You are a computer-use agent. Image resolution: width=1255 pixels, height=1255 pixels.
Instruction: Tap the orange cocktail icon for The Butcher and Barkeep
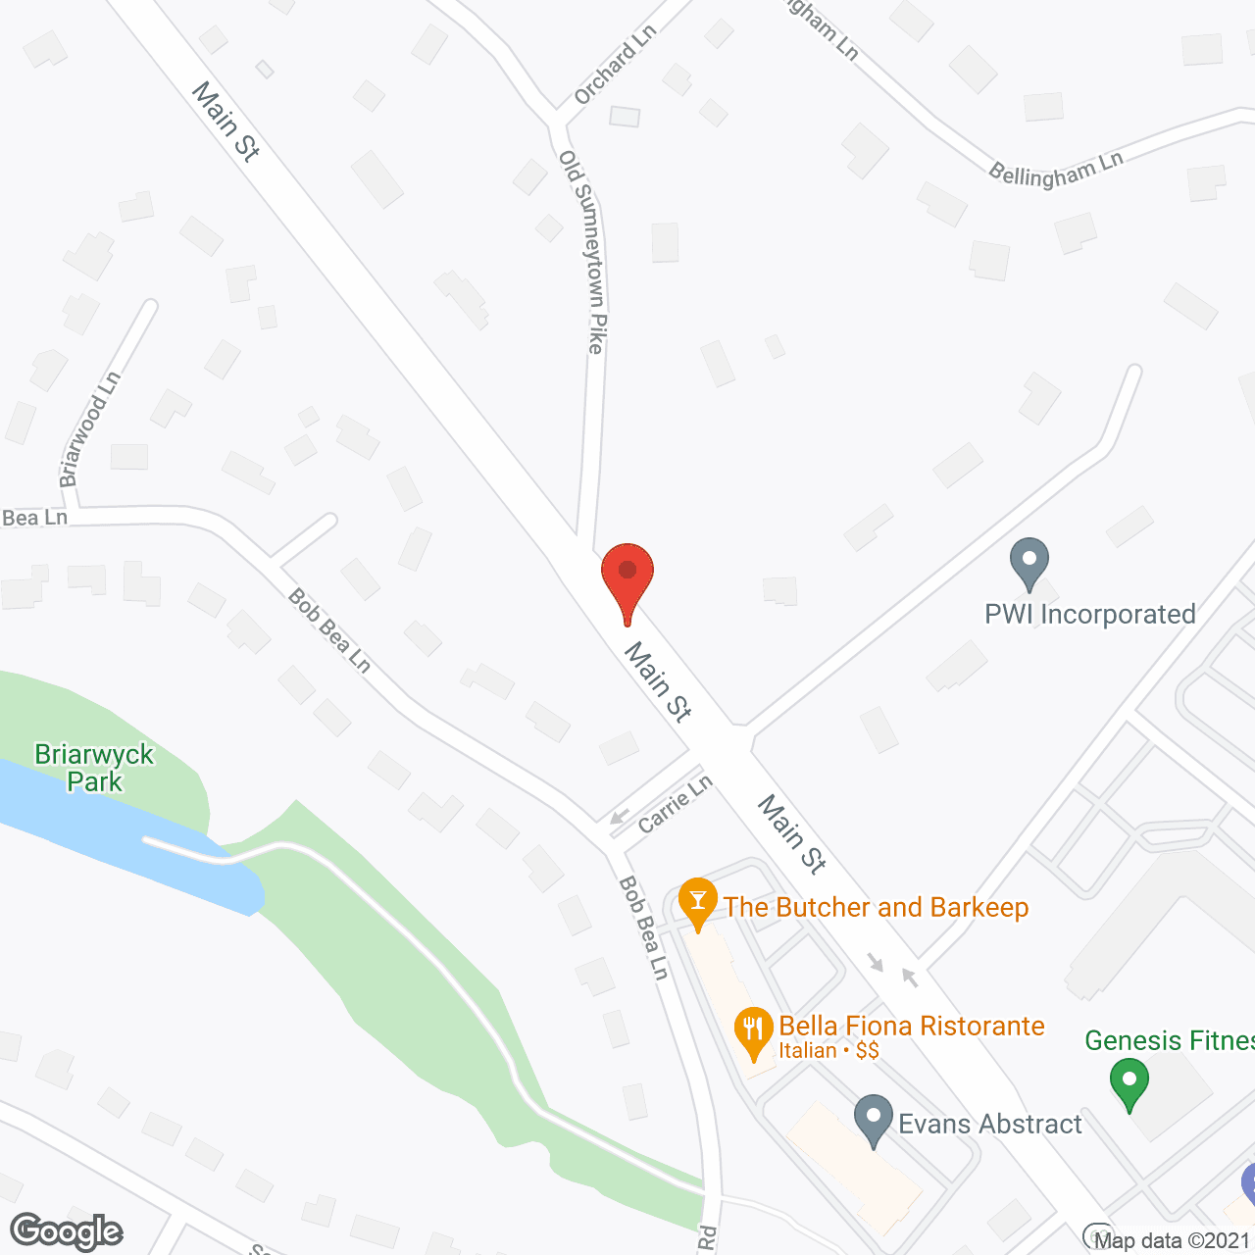pos(698,900)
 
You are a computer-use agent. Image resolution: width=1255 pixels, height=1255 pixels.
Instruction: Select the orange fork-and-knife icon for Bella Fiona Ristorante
pos(753,1029)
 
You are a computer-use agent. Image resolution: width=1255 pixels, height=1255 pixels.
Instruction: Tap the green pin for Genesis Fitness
pos(1129,1083)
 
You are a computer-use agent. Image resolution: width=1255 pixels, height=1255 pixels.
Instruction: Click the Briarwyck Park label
pos(94,768)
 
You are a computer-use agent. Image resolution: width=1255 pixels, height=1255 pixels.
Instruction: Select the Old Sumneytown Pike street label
pos(582,252)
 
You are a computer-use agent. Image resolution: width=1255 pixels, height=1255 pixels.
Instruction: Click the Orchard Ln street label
pos(615,65)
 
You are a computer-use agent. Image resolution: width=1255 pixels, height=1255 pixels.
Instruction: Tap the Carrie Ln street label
pos(675,805)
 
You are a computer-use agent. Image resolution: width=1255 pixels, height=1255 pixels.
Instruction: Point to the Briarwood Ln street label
pos(89,428)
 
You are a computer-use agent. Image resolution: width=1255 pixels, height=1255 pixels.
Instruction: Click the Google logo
pos(67,1230)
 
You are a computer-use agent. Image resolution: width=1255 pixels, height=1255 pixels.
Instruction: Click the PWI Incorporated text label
pos(1089,615)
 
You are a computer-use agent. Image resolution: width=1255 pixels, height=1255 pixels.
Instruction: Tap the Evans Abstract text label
pos(990,1124)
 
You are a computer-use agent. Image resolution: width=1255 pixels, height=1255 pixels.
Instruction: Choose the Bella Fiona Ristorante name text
pos(911,1026)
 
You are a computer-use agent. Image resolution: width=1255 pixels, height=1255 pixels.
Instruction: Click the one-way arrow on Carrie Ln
pos(619,817)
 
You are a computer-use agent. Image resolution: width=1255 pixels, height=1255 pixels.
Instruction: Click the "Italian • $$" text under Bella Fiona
pos(828,1051)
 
